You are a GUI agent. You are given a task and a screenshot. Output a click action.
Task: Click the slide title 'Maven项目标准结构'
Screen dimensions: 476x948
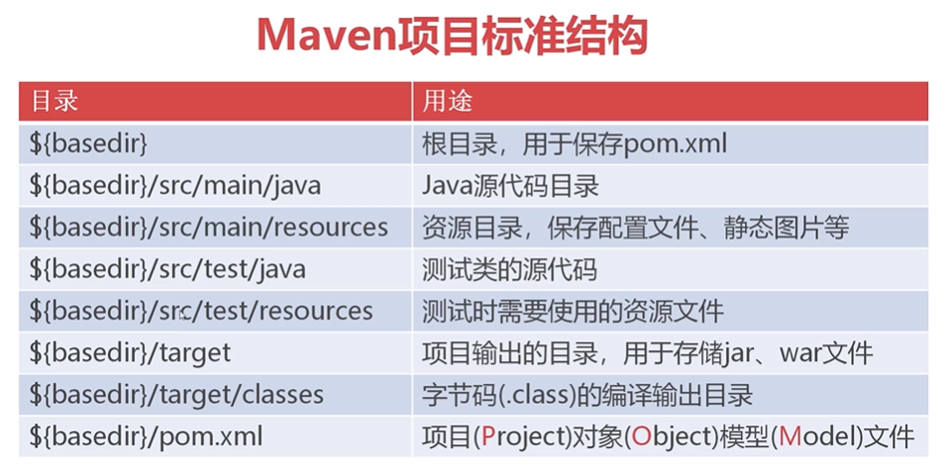pyautogui.click(x=452, y=37)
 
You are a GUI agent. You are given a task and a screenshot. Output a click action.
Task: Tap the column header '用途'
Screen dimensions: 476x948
pyautogui.click(x=448, y=101)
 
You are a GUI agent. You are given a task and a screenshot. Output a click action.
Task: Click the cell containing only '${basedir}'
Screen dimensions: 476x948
pyautogui.click(x=89, y=143)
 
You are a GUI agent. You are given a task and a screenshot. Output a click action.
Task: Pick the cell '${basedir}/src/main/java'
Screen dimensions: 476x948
pyautogui.click(x=175, y=185)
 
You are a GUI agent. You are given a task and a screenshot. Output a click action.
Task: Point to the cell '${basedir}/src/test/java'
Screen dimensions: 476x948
pyautogui.click(x=167, y=269)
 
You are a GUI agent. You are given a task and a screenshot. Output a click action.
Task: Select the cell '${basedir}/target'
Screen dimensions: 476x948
pyautogui.click(x=130, y=352)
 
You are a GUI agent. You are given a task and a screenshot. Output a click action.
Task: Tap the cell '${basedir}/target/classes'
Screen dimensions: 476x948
pyautogui.click(x=176, y=395)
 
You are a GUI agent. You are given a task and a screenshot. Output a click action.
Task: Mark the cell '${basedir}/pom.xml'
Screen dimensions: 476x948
pyautogui.click(x=146, y=436)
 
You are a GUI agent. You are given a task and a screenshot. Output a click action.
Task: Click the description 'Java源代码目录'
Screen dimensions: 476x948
pyautogui.click(x=510, y=185)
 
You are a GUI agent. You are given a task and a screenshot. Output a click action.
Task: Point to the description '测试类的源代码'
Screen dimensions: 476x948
pyautogui.click(x=510, y=269)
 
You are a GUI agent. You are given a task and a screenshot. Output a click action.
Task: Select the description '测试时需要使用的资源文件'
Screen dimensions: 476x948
pyautogui.click(x=573, y=312)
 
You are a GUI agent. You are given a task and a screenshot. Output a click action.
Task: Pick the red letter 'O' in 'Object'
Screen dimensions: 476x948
pyautogui.click(x=641, y=436)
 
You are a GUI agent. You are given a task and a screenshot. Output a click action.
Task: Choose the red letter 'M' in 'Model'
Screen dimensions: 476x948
pyautogui.click(x=790, y=436)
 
